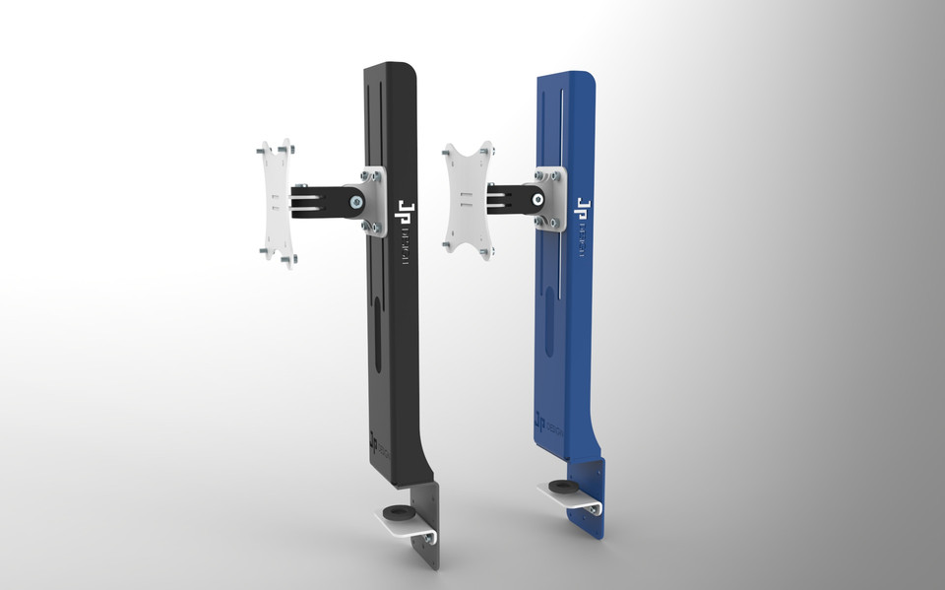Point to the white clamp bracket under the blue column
pyautogui.click(x=576, y=500)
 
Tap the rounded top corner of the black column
pyautogui.click(x=411, y=71)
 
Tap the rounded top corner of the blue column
pyautogui.click(x=589, y=78)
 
